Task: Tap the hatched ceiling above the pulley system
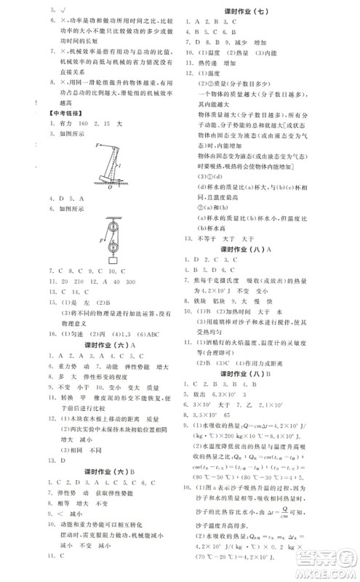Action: (112, 217)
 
